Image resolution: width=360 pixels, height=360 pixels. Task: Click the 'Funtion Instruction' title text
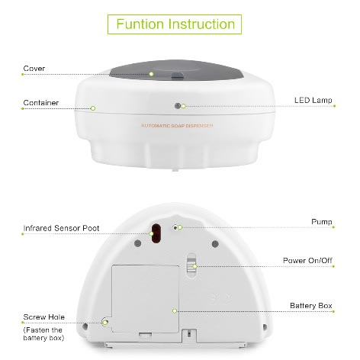pos(175,24)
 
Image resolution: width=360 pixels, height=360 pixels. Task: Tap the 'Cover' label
pos(34,69)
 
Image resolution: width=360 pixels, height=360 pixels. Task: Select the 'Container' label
pos(41,103)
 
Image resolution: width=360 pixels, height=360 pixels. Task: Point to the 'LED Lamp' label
pos(313,100)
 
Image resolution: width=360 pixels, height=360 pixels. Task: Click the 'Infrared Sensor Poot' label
pos(61,228)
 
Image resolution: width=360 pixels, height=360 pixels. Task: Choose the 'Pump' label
pos(322,222)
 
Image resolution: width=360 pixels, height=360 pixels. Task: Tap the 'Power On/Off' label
pos(307,261)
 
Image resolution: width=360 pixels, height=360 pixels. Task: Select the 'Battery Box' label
pos(311,306)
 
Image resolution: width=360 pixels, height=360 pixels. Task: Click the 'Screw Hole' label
pos(44,317)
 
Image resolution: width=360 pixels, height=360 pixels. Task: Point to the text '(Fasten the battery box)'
pos(43,334)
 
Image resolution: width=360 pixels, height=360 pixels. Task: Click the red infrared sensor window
pos(156,233)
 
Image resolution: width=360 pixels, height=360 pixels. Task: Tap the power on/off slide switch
pos(191,265)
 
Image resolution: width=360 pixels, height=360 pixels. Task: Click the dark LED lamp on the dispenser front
pos(178,106)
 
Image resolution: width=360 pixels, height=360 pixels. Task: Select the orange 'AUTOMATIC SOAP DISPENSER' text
pos(177,126)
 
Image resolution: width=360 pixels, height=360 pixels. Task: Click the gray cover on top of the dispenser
pos(175,70)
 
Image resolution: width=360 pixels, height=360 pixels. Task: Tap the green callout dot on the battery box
pos(175,310)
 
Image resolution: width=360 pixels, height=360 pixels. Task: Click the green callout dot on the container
pos(93,108)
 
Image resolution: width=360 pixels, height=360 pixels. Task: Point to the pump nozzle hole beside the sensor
pos(175,227)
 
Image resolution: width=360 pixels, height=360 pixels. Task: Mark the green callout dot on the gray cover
pos(152,74)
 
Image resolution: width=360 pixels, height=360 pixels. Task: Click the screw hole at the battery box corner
pos(104,323)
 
